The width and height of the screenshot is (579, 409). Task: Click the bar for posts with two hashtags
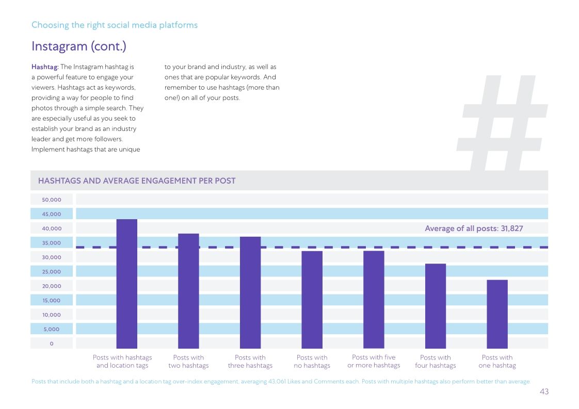tap(188, 291)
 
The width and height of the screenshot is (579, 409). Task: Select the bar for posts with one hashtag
tap(497, 314)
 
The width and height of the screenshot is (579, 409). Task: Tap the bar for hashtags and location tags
tap(127, 284)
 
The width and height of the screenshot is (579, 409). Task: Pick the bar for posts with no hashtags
tap(312, 300)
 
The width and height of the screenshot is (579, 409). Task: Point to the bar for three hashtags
tap(250, 292)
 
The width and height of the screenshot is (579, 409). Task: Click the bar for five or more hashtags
tap(374, 300)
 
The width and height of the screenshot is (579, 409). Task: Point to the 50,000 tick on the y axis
tap(52, 200)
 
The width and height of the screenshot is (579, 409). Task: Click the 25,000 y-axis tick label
tap(52, 272)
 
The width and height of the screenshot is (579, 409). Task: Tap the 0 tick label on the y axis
tap(52, 343)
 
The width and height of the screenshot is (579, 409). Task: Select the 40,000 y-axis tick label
tap(52, 228)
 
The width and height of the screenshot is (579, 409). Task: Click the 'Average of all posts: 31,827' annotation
tap(474, 228)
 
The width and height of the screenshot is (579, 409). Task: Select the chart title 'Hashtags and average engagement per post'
tap(137, 181)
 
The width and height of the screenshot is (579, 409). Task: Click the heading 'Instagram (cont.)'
tap(79, 46)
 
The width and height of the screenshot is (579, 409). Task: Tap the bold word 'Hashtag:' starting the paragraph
tap(45, 67)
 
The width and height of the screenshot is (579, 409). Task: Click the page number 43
tap(544, 392)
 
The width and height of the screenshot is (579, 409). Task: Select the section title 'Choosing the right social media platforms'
tap(115, 25)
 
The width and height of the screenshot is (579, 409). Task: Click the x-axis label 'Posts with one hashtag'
tap(497, 362)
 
